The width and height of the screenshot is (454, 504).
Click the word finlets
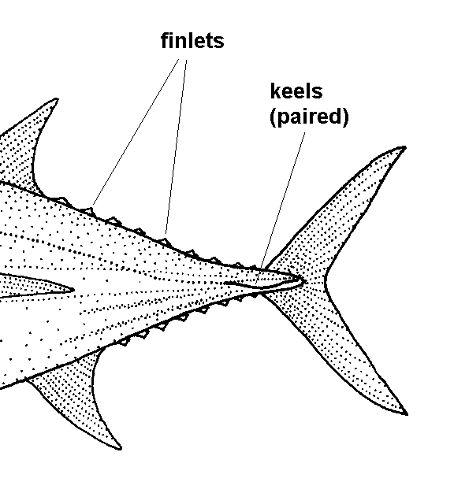[x=192, y=40]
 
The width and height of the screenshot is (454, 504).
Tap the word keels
[x=296, y=91]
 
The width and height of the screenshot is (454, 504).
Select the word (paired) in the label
[x=309, y=117]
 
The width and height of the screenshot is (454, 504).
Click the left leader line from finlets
[x=135, y=132]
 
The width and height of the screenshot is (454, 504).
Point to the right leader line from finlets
[x=176, y=146]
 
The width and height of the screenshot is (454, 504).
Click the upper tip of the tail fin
[x=404, y=148]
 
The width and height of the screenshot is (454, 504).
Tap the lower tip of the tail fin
[x=406, y=413]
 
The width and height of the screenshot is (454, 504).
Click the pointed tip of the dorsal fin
[x=56, y=100]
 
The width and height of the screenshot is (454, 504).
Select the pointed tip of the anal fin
[x=120, y=447]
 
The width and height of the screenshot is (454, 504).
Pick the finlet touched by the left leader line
[x=87, y=211]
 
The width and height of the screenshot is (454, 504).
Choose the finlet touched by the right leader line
[x=165, y=242]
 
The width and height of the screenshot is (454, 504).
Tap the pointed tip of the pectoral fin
[x=73, y=290]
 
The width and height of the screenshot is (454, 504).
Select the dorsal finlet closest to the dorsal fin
[x=62, y=201]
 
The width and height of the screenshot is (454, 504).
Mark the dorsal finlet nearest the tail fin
[x=253, y=268]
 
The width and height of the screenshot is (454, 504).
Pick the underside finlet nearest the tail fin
[x=254, y=295]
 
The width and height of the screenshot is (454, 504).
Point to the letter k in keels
[x=275, y=91]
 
